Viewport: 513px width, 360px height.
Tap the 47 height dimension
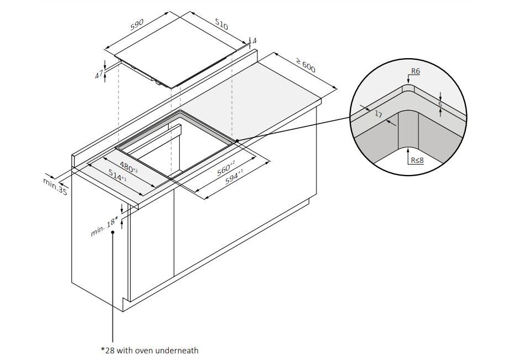(x=99, y=74)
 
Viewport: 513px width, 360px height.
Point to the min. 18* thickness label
(x=105, y=225)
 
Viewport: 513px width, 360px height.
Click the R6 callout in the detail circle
(x=416, y=71)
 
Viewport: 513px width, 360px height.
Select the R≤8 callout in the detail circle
(x=417, y=161)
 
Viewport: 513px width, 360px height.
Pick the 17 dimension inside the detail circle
(x=379, y=115)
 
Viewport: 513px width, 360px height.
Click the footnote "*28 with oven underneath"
(x=149, y=350)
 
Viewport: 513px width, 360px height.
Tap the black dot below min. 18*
(x=113, y=233)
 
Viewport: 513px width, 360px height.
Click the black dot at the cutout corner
(x=236, y=141)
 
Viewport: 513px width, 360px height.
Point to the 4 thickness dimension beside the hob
(x=254, y=41)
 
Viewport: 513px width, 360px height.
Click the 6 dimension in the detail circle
(x=440, y=103)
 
